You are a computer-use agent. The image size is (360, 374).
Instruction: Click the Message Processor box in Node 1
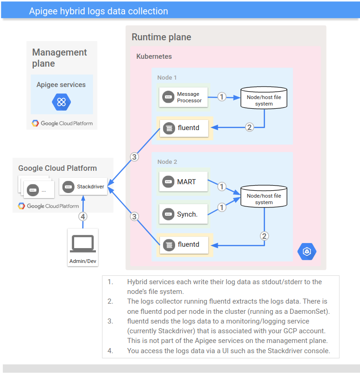click(183, 97)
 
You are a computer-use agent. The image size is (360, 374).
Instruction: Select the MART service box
click(183, 182)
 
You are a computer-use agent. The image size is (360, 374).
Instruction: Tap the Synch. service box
click(183, 214)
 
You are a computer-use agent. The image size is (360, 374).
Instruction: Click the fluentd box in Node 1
click(184, 128)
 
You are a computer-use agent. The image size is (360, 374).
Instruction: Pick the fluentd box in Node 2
click(184, 244)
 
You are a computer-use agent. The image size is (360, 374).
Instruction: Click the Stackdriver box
click(83, 187)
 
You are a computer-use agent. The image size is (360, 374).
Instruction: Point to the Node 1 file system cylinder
click(264, 98)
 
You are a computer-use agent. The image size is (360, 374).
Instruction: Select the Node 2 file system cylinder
click(264, 197)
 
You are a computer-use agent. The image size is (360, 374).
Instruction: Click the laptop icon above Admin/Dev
click(82, 243)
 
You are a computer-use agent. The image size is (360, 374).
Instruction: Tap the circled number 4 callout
click(83, 216)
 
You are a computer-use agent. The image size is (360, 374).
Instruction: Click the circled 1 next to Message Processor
click(222, 97)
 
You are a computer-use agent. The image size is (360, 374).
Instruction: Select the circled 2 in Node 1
click(250, 127)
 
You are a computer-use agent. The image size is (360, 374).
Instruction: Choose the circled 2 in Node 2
click(265, 236)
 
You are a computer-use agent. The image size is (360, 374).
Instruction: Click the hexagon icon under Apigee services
click(62, 102)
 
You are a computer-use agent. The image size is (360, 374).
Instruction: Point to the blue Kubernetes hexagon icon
click(306, 251)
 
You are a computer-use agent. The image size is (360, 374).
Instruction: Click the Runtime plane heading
click(161, 37)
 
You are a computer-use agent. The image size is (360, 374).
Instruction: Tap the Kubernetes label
click(154, 56)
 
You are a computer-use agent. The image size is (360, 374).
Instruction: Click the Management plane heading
click(59, 58)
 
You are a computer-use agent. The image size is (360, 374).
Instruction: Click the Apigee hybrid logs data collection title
click(99, 11)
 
